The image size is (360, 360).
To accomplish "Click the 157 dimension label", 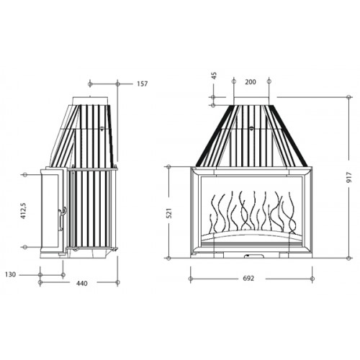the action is click(143, 84).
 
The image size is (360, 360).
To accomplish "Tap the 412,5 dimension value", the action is click(23, 210).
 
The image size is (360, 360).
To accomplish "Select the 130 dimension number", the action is click(10, 274).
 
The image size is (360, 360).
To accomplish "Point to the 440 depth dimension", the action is click(82, 284).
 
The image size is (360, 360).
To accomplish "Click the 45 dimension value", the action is click(215, 76).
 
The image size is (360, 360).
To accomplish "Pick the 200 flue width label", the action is click(251, 82).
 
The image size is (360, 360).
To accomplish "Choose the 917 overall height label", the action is click(349, 177).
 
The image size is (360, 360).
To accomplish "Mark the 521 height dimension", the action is click(169, 213).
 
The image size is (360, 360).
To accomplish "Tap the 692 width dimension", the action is click(248, 279).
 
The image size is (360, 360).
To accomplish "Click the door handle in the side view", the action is click(61, 219).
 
